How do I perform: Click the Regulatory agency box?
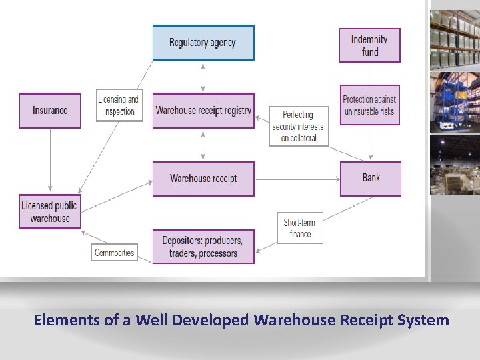coord(203,43)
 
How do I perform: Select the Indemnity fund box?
coord(370,45)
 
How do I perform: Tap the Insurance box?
coord(50,111)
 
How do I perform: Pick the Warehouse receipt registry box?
coord(203,111)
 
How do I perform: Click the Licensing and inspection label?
coord(119,105)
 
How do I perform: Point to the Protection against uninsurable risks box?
coord(370,105)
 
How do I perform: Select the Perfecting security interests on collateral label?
coord(298,127)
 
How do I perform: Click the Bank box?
coord(371,178)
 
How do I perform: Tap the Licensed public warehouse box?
coord(50,211)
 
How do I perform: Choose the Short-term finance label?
coord(300,228)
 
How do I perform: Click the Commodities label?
coord(115,253)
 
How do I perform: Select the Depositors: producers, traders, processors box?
coord(203,247)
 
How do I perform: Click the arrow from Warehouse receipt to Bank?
coord(297,179)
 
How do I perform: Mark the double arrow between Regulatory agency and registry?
coord(203,77)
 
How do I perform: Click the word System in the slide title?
coord(424,320)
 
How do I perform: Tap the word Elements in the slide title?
coord(67,320)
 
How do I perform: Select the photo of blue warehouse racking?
coord(455,101)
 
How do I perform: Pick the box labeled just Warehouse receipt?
coord(203,179)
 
